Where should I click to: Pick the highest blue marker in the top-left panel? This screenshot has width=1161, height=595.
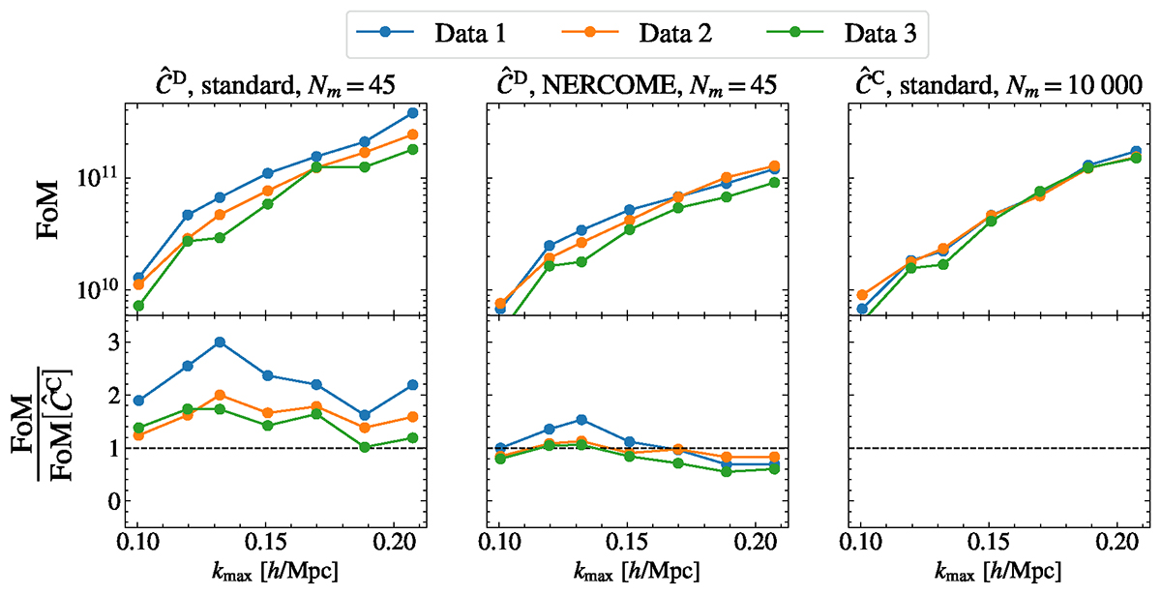click(413, 113)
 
